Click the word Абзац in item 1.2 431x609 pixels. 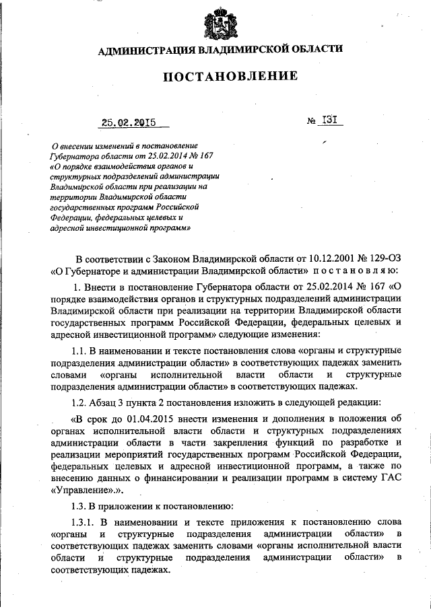click(106, 402)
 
